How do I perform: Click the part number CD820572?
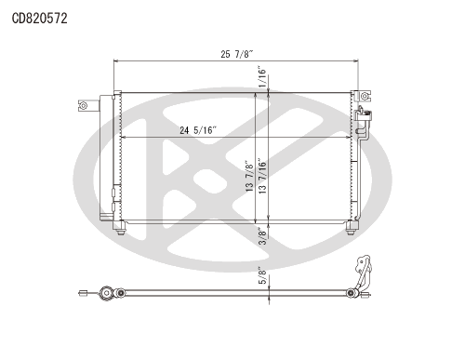[x=39, y=19]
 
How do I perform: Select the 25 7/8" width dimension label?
[x=237, y=54]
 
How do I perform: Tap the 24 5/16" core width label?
[x=197, y=130]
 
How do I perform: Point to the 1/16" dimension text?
[x=262, y=76]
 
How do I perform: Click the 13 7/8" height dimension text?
[x=249, y=176]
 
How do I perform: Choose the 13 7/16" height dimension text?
[x=262, y=178]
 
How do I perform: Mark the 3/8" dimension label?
[x=262, y=236]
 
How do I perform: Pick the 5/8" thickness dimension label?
[x=262, y=276]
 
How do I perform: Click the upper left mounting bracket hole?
[x=83, y=106]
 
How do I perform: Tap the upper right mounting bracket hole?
[x=365, y=96]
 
